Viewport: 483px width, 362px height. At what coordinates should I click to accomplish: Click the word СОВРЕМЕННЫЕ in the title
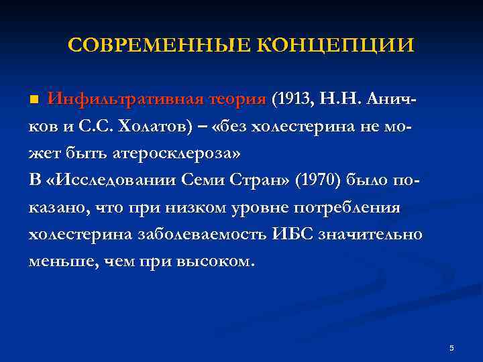(x=158, y=46)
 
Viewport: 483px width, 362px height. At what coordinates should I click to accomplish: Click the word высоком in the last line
(x=218, y=261)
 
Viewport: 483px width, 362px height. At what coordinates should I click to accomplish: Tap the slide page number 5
(x=451, y=348)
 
